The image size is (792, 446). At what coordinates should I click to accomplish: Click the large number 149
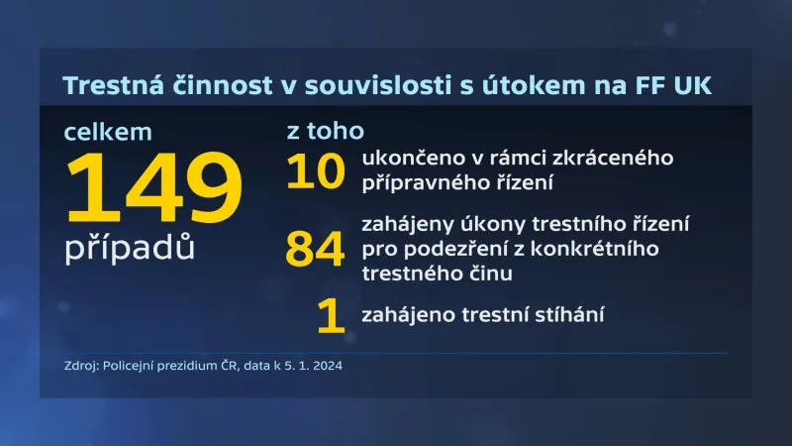tap(153, 191)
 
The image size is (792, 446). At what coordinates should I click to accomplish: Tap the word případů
tap(130, 247)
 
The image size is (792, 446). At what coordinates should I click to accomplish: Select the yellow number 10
tap(316, 170)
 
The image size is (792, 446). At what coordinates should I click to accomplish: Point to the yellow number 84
tap(316, 248)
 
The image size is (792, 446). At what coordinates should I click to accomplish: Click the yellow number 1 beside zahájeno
tap(330, 316)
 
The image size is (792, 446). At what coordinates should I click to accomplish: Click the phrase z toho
tap(324, 132)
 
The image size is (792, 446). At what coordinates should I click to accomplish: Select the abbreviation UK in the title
tap(690, 86)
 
